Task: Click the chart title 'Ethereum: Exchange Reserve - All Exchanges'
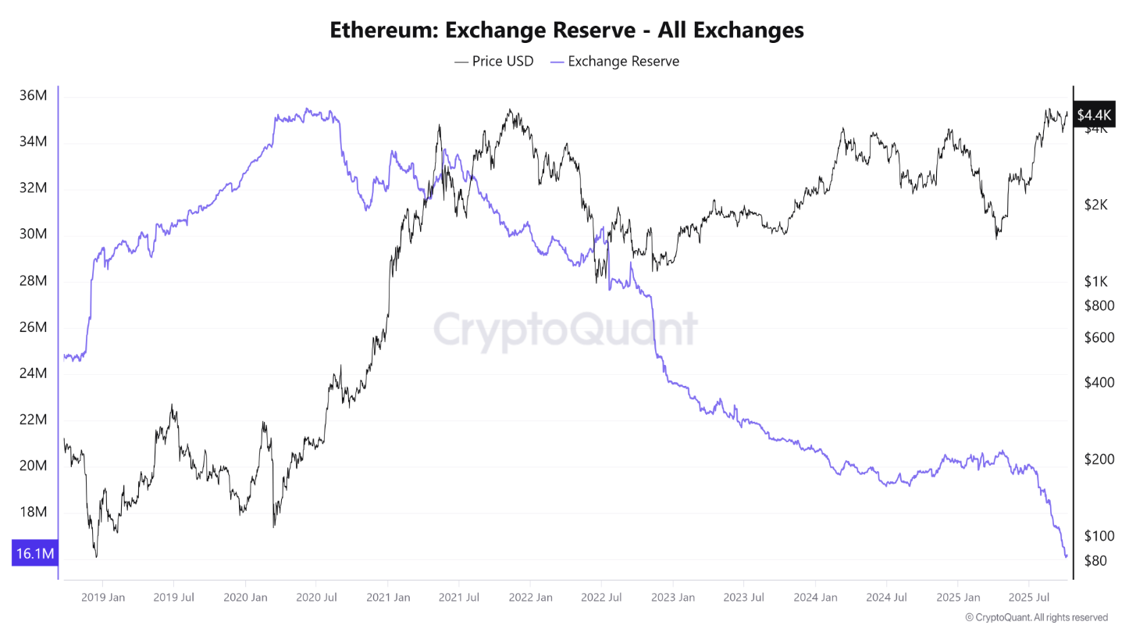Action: pos(566,30)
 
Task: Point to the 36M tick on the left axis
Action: pos(33,96)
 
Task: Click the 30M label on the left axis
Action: pos(33,234)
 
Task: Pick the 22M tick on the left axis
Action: pos(33,420)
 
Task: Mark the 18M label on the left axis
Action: pos(33,512)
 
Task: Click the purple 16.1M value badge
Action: pos(34,554)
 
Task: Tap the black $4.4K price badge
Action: pos(1091,116)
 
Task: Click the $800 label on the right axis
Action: pos(1099,305)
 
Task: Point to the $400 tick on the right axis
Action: pos(1099,382)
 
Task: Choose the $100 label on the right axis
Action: pos(1099,536)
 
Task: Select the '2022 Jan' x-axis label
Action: pos(529,598)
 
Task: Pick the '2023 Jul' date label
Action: pos(743,598)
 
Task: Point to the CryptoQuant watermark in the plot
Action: pos(565,329)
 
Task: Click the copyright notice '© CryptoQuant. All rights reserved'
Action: pos(1036,617)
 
